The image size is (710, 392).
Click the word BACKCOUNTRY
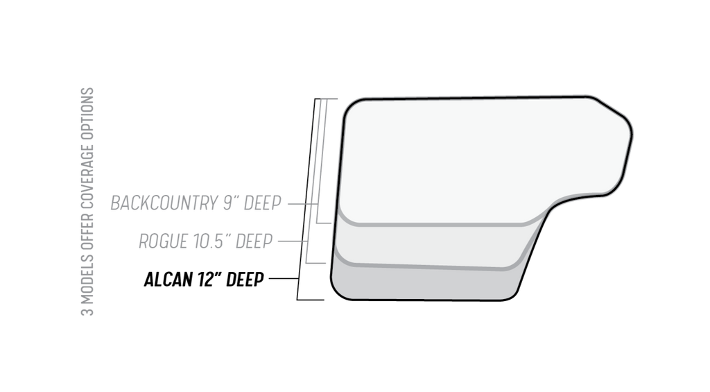pos(166,203)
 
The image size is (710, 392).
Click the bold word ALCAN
pos(168,279)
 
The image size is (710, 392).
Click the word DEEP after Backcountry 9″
pos(263,203)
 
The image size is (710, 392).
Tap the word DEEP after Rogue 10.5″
pos(254,241)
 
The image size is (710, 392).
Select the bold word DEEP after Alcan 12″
pos(245,279)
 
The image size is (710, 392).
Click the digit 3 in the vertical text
pos(87,312)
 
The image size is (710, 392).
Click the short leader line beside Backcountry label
pos(302,204)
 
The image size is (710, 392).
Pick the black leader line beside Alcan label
pos(284,278)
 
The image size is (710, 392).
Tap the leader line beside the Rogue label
pos(293,241)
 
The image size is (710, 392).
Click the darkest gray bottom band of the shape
pos(426,283)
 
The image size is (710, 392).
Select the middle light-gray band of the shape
pos(430,245)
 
